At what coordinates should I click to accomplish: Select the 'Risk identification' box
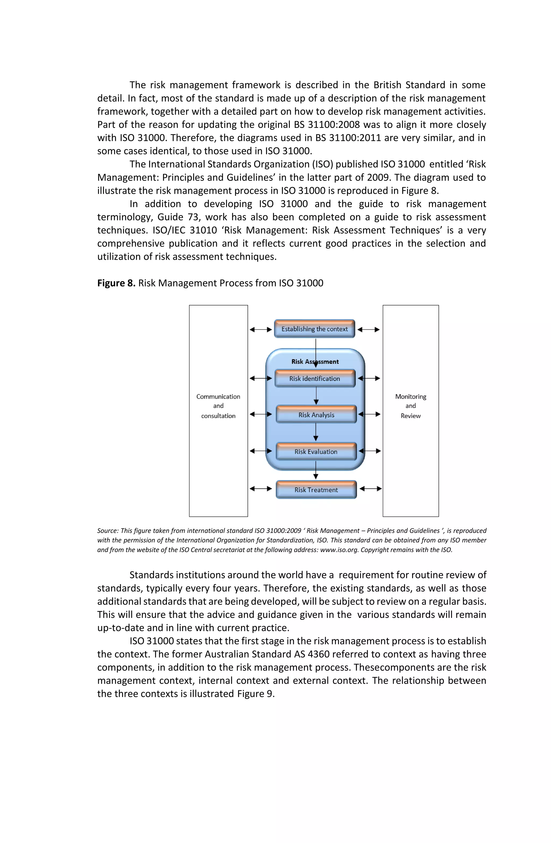coord(315,378)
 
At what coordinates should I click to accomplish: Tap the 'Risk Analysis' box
coord(316,415)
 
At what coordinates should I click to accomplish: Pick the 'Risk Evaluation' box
coord(316,451)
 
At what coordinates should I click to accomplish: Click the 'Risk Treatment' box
coord(316,490)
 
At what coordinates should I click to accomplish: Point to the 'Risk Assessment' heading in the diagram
coord(315,361)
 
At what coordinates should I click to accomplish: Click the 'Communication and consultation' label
coord(218,406)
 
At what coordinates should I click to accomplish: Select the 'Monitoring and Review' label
coord(410,406)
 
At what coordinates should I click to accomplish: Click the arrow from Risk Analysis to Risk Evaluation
coord(316,432)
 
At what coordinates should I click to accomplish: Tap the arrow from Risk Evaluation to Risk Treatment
coord(316,470)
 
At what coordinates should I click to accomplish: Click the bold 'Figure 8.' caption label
coord(116,283)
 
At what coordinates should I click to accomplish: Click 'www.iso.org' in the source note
coord(339,550)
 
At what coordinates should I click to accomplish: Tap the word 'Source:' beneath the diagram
coord(108,531)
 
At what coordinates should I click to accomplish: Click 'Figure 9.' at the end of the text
coord(256,694)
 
